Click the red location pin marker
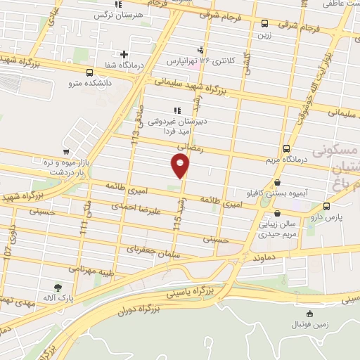click(181, 165)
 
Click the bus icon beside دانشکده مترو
click(89, 72)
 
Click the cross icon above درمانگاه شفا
click(124, 54)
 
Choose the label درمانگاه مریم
click(288, 160)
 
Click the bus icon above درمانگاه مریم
click(286, 148)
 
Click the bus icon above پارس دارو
click(327, 206)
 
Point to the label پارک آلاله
click(58, 299)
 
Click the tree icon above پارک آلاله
click(58, 287)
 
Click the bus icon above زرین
click(264, 22)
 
